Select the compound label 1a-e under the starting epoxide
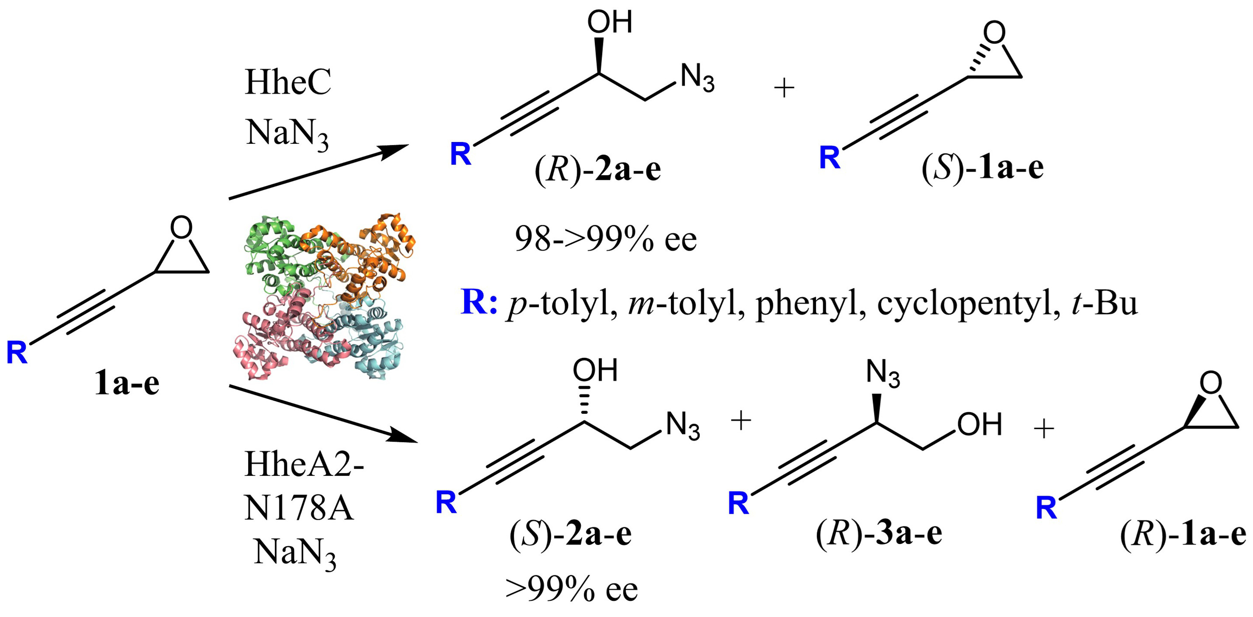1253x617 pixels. click(127, 384)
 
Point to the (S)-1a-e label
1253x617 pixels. click(983, 168)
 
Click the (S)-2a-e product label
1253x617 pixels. click(571, 533)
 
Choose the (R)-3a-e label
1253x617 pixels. click(879, 533)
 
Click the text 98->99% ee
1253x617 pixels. click(605, 239)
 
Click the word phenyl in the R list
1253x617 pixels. click(810, 304)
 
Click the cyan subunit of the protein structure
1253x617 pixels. click(375, 341)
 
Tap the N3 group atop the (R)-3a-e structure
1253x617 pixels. click(883, 375)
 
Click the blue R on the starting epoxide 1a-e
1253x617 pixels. click(17, 352)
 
